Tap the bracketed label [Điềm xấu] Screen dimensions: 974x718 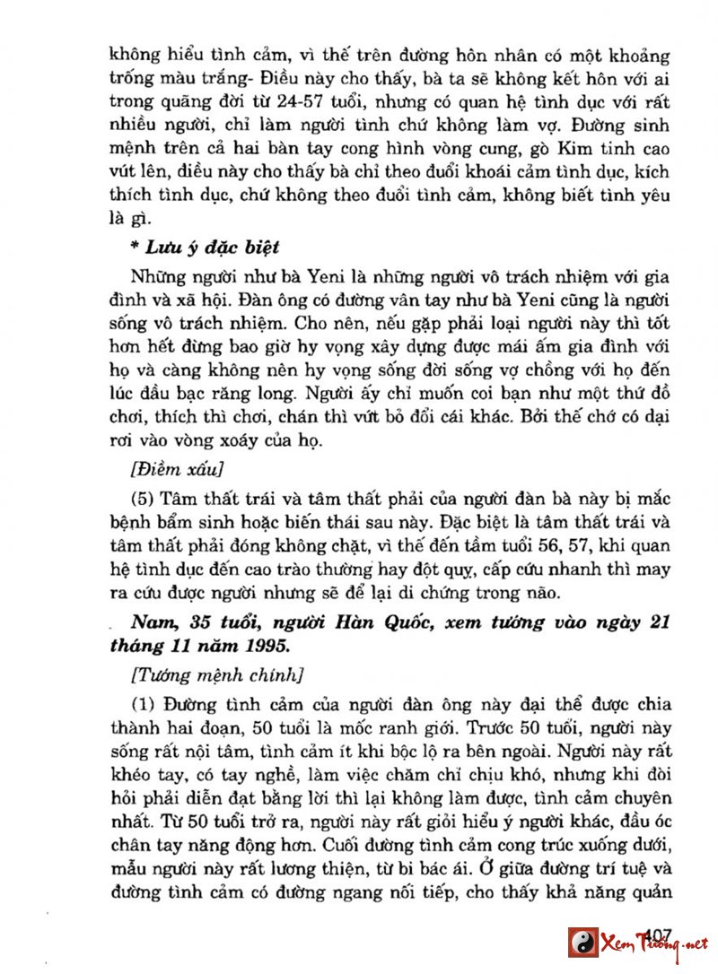point(177,470)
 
